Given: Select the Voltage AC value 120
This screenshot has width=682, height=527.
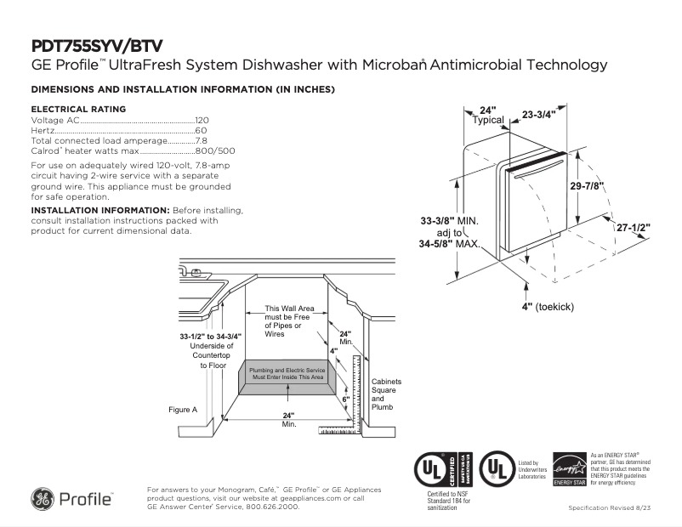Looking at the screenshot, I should pyautogui.click(x=202, y=122).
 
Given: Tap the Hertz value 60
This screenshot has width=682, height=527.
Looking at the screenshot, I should pyautogui.click(x=202, y=131).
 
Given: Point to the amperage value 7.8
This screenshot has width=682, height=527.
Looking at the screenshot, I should pyautogui.click(x=202, y=140).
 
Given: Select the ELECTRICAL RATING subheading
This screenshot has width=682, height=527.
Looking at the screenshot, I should pyautogui.click(x=78, y=109).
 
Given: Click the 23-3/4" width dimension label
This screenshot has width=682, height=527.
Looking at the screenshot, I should pyautogui.click(x=538, y=114).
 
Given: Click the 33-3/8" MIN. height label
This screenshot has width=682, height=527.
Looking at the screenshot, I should pyautogui.click(x=450, y=221).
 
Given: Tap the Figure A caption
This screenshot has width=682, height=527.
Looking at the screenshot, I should pyautogui.click(x=183, y=410).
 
